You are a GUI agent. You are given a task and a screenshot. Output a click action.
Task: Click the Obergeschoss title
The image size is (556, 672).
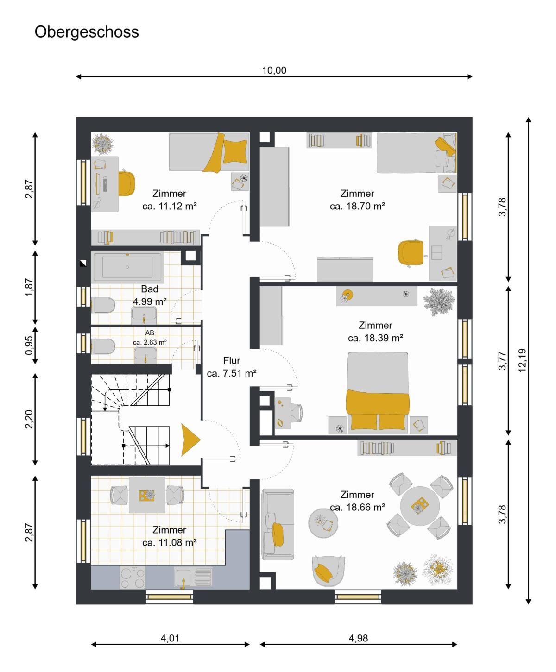coord(87,32)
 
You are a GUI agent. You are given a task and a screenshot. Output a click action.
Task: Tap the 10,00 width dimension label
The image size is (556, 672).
coord(274,70)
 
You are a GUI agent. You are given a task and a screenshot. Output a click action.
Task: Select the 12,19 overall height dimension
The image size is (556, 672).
coord(522,360)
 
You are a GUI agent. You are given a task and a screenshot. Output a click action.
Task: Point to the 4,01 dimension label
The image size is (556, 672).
coord(170,638)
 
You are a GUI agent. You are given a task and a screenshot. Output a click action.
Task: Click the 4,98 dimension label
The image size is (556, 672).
coord(358,638)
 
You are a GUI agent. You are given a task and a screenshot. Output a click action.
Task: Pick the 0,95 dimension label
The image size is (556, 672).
coord(29,345)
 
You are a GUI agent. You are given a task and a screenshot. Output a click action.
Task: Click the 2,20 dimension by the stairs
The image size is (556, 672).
coord(29,419)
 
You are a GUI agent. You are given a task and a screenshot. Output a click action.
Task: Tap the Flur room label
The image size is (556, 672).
coord(232,360)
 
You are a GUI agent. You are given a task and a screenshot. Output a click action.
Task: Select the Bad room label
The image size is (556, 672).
coord(149,289)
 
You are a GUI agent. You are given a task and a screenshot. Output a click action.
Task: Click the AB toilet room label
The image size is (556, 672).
coord(150,333)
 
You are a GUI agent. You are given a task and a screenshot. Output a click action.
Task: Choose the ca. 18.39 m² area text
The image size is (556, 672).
coord(375,338)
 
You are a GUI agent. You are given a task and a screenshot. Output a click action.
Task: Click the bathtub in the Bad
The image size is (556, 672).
coord(127,267)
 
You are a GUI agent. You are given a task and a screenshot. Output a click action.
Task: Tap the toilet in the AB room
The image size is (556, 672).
coord(103,346)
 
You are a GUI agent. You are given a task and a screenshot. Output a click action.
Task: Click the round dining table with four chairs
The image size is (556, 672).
coord(420,506)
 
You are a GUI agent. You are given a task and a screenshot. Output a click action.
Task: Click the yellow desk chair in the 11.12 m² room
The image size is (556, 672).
coord(126,183)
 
